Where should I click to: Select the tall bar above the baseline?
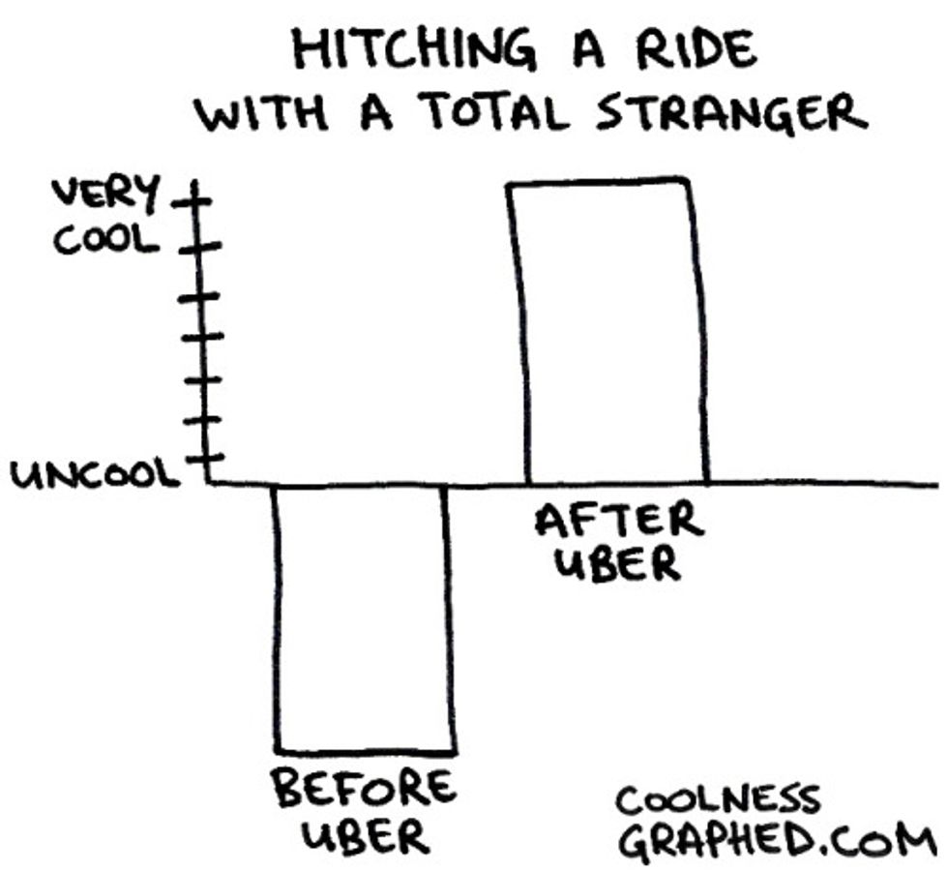pyautogui.click(x=609, y=329)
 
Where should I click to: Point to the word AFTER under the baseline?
pyautogui.click(x=619, y=523)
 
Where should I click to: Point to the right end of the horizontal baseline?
pyautogui.click(x=933, y=483)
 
